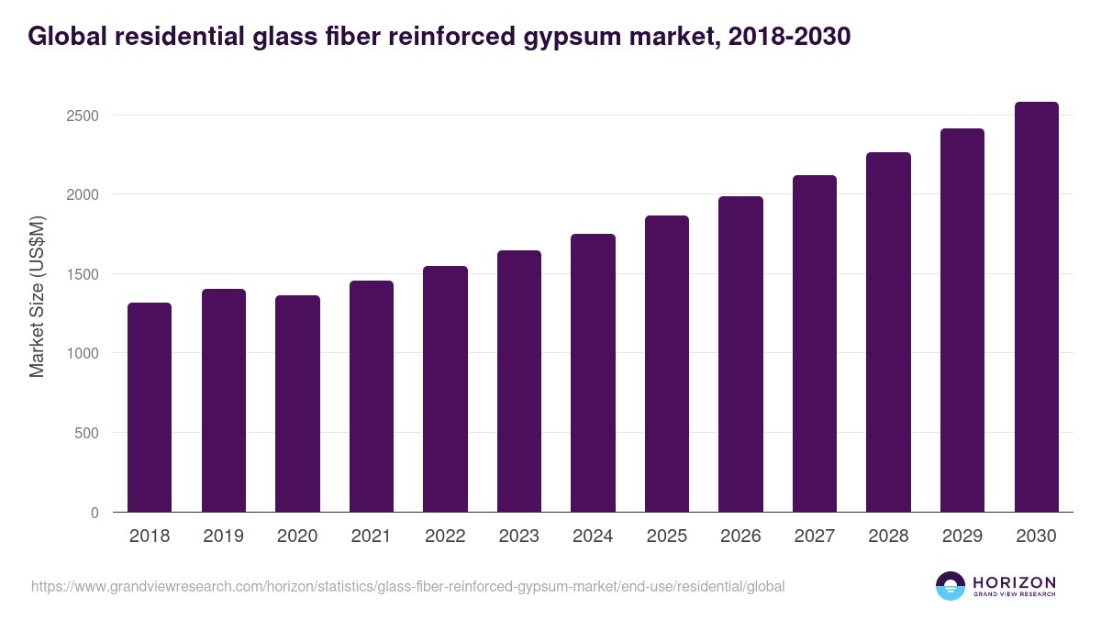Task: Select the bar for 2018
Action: point(150,407)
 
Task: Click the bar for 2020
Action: point(297,403)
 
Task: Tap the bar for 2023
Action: point(519,381)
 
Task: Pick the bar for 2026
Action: point(740,354)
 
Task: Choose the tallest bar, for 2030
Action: point(1036,306)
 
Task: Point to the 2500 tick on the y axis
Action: point(83,116)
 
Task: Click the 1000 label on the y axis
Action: point(83,353)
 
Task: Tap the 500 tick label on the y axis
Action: point(87,433)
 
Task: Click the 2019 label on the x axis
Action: point(223,536)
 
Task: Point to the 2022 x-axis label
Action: point(445,536)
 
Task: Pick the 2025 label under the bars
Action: point(666,536)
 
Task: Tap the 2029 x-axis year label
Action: point(962,536)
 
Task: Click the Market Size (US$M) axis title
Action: point(37,295)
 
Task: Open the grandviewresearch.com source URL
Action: point(407,586)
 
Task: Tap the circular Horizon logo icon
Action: point(951,586)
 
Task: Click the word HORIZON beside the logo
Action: point(1014,581)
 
